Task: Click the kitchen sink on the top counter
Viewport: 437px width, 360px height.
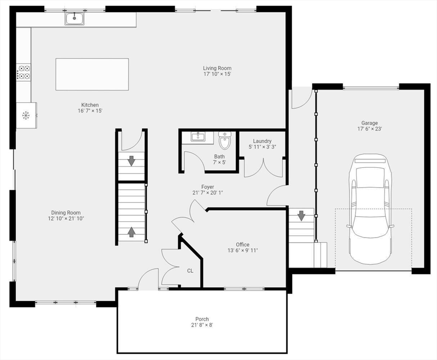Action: [x=75, y=19]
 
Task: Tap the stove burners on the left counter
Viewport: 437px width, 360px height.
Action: [x=24, y=72]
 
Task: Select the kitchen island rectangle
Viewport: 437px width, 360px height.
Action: [x=92, y=74]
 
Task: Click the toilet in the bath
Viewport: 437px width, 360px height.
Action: [x=225, y=140]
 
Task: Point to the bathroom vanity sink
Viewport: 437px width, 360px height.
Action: [x=199, y=137]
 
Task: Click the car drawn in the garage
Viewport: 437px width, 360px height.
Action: [x=369, y=209]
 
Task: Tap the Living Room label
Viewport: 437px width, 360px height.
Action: [x=217, y=68]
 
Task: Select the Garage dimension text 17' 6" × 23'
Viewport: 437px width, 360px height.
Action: [x=369, y=129]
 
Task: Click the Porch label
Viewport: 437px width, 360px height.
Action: [x=202, y=319]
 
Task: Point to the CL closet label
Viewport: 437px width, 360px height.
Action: [x=190, y=270]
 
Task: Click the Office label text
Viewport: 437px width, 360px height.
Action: [x=242, y=245]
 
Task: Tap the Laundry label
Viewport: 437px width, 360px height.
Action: [x=262, y=141]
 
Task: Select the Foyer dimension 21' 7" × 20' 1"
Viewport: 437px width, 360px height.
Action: [x=208, y=193]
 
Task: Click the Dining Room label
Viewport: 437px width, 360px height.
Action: [x=66, y=212]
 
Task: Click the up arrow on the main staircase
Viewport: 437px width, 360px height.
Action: [x=132, y=232]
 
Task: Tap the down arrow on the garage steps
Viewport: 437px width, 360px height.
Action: [x=301, y=216]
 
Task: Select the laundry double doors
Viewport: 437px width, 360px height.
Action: [x=264, y=168]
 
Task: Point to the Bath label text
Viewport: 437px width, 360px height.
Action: [x=219, y=157]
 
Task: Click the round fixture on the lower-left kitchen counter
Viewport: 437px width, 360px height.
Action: [x=26, y=115]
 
